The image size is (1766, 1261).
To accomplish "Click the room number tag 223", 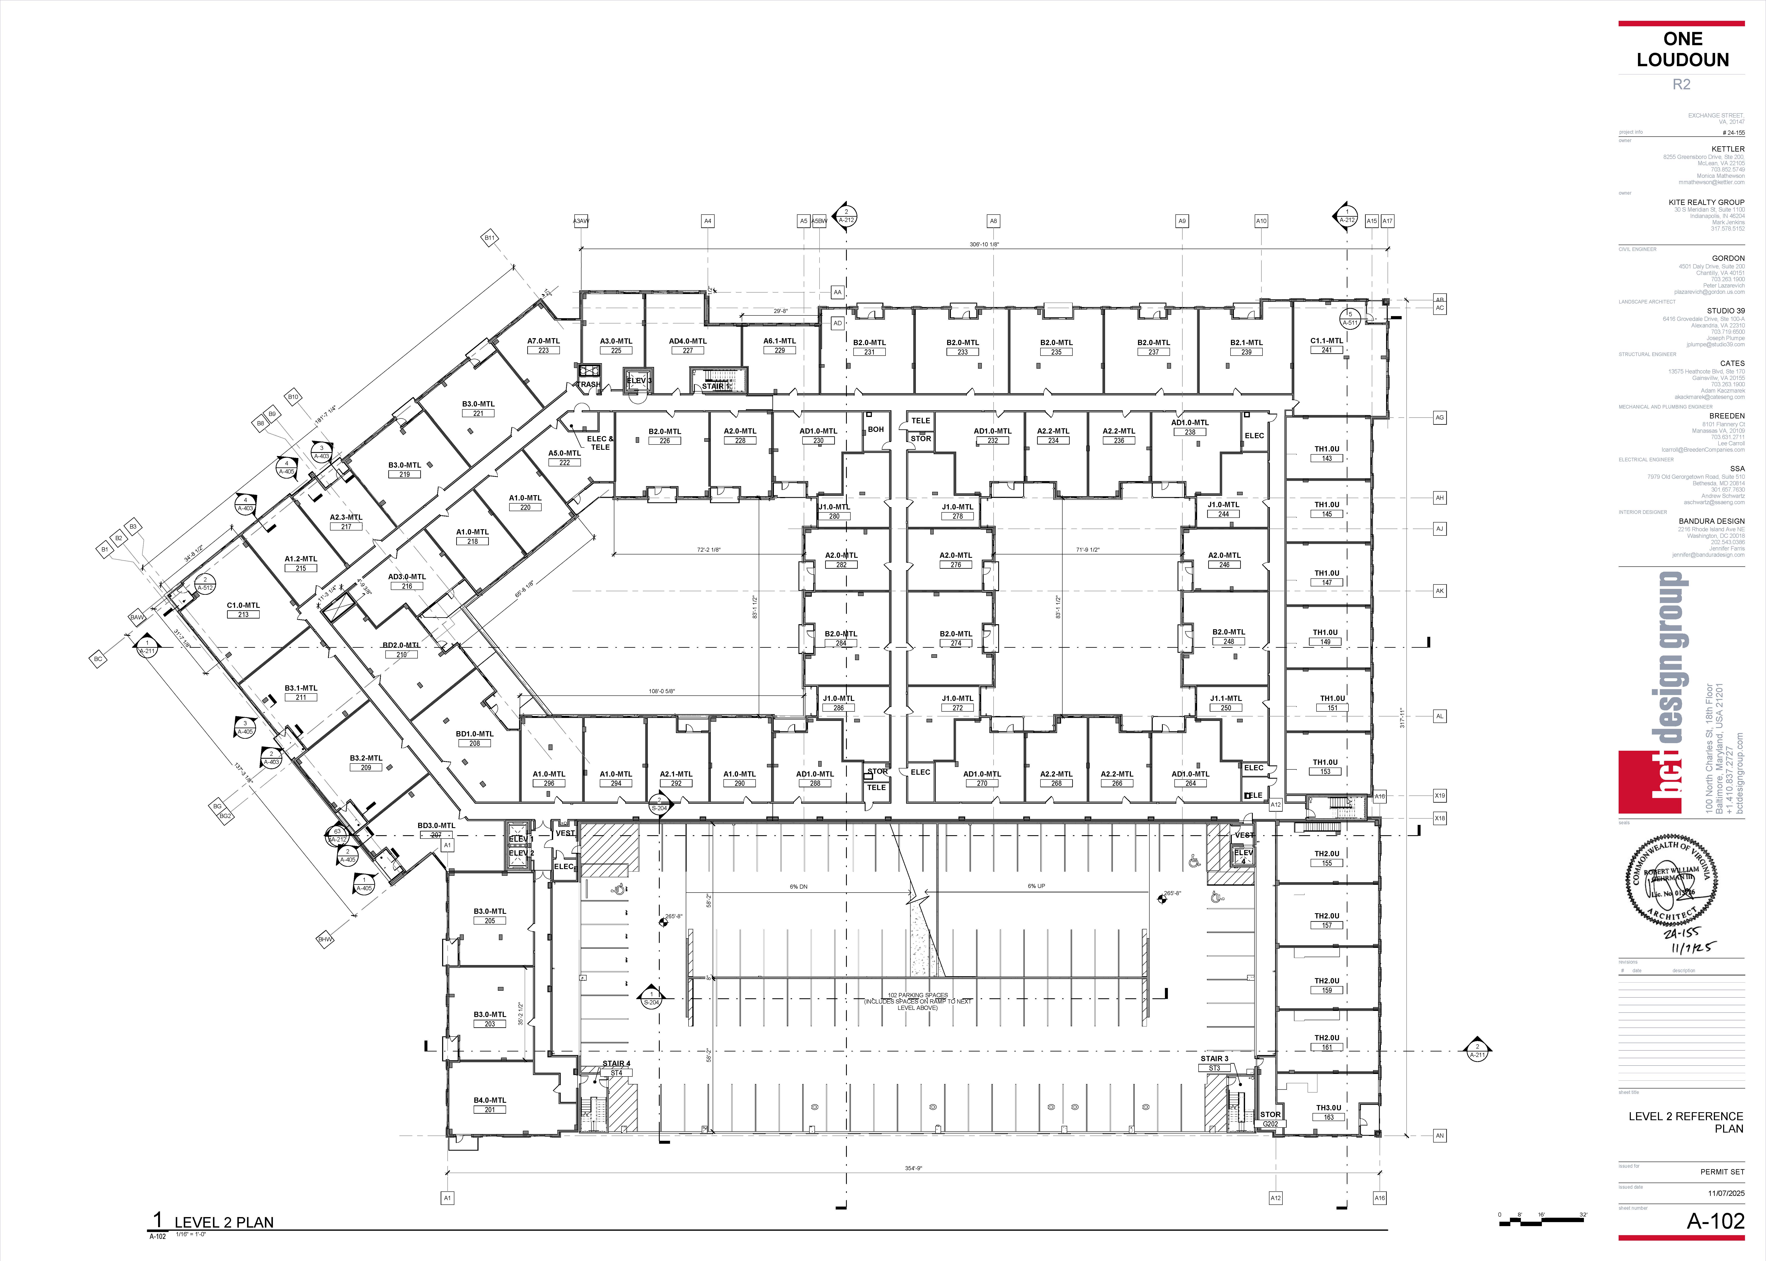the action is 544,350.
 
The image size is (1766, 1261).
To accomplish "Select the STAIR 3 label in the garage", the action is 1215,1058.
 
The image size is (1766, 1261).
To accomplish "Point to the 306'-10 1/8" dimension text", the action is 984,245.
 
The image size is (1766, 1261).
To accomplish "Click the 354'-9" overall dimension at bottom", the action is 913,1168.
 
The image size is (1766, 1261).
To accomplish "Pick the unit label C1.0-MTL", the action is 243,605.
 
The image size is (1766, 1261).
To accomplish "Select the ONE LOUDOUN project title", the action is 1682,49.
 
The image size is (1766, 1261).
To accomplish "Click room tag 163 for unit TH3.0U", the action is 1329,1117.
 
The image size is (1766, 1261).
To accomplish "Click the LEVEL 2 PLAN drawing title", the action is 224,1222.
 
